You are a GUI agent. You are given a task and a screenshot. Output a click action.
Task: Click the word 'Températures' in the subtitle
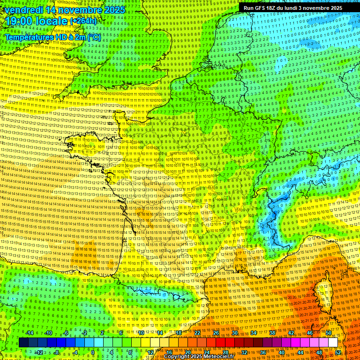[x=29, y=37]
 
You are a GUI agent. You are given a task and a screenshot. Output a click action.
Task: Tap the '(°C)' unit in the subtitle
[x=93, y=37]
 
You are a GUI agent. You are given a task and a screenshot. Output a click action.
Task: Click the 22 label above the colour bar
[x=197, y=333]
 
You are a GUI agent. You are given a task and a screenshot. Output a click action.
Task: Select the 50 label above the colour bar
[x=329, y=333]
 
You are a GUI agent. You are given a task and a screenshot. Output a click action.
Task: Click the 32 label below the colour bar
[x=244, y=352]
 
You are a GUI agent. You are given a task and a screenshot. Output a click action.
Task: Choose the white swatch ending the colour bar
[x=333, y=343]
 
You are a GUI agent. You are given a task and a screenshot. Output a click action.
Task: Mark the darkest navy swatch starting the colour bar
[x=23, y=343]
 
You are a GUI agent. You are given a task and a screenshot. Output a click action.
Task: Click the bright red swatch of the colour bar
[x=220, y=343]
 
